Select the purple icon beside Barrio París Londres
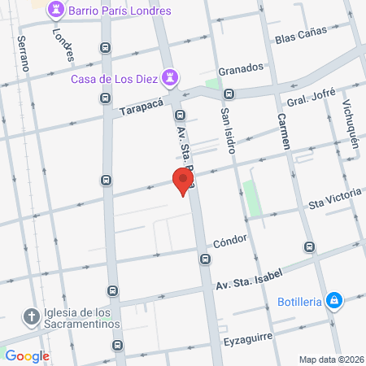(55, 11)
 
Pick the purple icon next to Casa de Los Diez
(170, 78)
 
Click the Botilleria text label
(300, 301)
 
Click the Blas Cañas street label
(301, 34)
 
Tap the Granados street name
(242, 68)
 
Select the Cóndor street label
(229, 242)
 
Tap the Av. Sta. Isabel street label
(247, 281)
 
